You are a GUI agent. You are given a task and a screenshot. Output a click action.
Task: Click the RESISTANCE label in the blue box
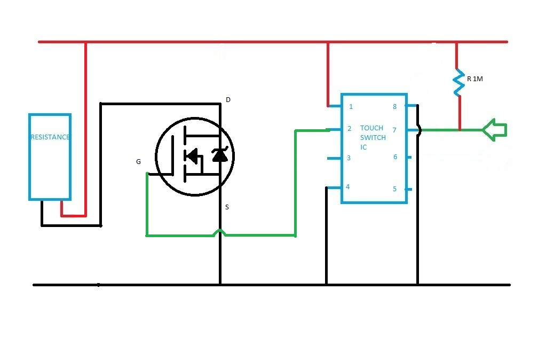click(50, 137)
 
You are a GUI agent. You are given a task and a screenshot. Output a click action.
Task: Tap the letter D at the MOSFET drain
click(228, 100)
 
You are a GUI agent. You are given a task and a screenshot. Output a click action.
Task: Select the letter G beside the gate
click(139, 161)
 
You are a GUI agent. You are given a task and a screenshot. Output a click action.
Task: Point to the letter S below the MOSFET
click(227, 207)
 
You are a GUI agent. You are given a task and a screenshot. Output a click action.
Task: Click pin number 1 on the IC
click(351, 106)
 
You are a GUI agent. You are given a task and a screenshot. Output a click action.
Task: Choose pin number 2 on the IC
click(350, 129)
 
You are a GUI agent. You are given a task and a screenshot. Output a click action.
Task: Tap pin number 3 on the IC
click(349, 158)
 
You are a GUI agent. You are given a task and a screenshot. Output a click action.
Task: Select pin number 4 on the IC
click(347, 187)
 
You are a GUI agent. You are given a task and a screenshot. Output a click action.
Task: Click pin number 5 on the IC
click(395, 189)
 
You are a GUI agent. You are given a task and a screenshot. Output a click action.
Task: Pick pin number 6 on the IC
click(395, 157)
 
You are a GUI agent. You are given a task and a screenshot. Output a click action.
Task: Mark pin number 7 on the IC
click(395, 130)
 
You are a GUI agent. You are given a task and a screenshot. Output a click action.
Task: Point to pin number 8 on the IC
click(395, 106)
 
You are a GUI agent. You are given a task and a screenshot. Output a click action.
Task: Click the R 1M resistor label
click(474, 79)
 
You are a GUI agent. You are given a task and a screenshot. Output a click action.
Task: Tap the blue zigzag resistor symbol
click(457, 82)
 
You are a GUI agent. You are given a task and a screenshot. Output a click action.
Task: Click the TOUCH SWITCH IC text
click(373, 137)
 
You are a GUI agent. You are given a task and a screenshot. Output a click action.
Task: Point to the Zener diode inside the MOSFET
click(219, 154)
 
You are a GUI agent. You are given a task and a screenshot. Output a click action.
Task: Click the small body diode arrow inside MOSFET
click(193, 156)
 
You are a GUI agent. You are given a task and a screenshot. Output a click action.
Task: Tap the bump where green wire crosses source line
click(219, 232)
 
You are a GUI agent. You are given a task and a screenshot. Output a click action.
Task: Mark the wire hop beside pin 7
click(419, 130)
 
